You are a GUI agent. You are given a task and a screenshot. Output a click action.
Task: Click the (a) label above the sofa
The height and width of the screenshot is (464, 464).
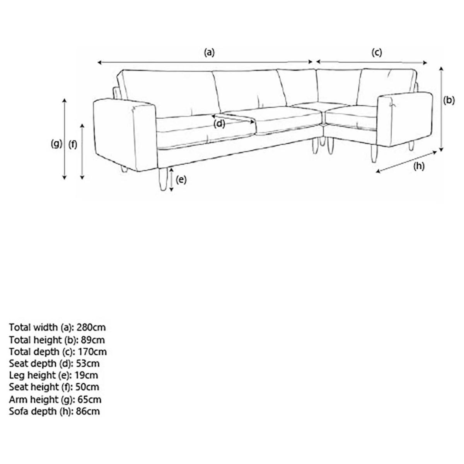[209, 52]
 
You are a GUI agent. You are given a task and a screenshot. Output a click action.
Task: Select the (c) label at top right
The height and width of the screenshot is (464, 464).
[377, 52]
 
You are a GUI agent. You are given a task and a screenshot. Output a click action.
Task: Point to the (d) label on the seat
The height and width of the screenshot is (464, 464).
[219, 124]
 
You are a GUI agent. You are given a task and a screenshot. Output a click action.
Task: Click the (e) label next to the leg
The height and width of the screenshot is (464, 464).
[181, 180]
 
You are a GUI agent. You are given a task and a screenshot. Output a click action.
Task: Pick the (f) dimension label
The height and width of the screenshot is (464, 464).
[73, 145]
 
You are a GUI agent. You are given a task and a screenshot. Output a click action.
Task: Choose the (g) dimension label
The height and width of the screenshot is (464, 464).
[56, 144]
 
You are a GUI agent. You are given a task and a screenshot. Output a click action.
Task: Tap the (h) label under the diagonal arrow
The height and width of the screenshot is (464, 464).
[419, 166]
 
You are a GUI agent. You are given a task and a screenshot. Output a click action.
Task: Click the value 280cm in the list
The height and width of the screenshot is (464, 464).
[91, 328]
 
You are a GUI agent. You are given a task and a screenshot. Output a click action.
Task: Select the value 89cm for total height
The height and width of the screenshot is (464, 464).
[93, 340]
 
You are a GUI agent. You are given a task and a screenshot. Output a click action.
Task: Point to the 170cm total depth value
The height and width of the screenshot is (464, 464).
[92, 352]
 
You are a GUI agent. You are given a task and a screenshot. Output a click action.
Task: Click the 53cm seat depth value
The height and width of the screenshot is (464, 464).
[88, 363]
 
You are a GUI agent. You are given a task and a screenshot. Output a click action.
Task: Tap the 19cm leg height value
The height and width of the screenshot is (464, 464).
[86, 375]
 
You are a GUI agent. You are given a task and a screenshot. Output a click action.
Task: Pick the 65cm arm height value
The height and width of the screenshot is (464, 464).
[89, 399]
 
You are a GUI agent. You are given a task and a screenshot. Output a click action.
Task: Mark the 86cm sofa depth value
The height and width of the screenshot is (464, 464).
[88, 411]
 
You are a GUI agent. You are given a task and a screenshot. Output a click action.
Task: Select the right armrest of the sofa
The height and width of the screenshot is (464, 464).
[405, 119]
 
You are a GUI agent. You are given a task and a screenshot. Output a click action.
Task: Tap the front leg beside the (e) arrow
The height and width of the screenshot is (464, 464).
[163, 179]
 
